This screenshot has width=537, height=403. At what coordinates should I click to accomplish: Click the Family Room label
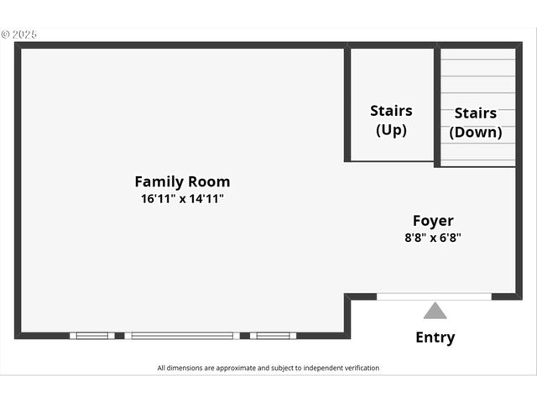pyautogui.click(x=182, y=181)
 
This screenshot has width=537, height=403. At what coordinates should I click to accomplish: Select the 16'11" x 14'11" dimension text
pyautogui.click(x=182, y=200)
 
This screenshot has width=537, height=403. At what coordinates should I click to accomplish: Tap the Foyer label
pyautogui.click(x=433, y=221)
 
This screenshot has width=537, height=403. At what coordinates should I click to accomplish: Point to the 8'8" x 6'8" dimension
pyautogui.click(x=433, y=238)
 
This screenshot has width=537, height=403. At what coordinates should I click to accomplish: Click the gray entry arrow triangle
pyautogui.click(x=435, y=311)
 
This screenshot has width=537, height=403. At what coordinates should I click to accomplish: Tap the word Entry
pyautogui.click(x=435, y=338)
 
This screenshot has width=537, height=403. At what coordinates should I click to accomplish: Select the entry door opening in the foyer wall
pyautogui.click(x=434, y=296)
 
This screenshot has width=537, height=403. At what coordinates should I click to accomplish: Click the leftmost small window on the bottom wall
pyautogui.click(x=92, y=336)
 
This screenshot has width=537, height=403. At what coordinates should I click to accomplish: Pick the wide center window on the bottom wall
pyautogui.click(x=182, y=336)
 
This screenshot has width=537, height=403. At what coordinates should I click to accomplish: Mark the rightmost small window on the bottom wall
pyautogui.click(x=273, y=336)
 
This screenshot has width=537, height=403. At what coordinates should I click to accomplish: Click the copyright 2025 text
pyautogui.click(x=19, y=34)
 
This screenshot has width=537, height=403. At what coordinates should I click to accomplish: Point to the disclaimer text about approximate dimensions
pyautogui.click(x=268, y=368)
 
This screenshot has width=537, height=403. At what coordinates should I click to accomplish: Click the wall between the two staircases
pyautogui.click(x=436, y=105)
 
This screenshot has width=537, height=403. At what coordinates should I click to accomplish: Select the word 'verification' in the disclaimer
pyautogui.click(x=357, y=368)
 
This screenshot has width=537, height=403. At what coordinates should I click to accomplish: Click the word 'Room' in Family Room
pyautogui.click(x=210, y=181)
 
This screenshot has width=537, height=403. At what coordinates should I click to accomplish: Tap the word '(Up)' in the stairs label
pyautogui.click(x=391, y=130)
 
